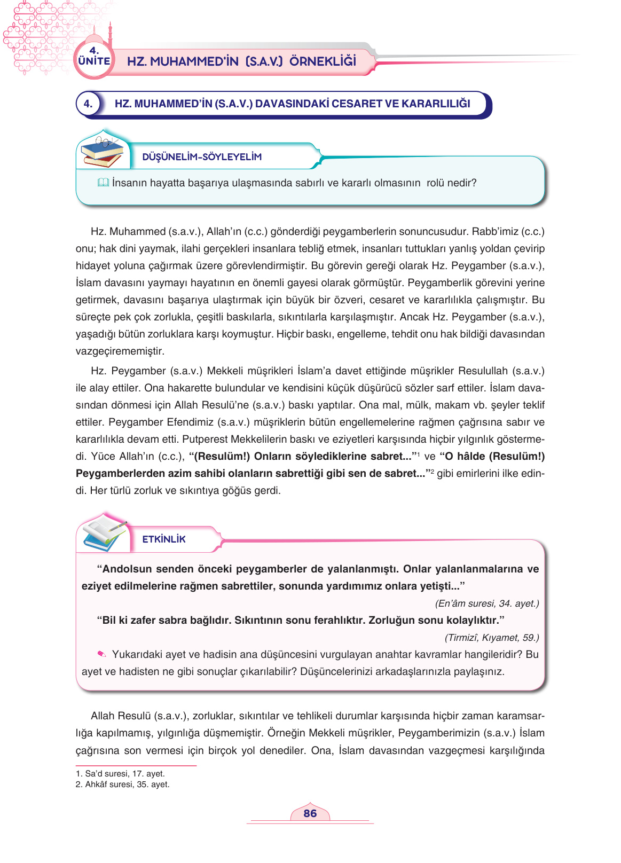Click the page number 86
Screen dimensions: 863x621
(310, 813)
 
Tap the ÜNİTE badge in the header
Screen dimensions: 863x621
(94, 60)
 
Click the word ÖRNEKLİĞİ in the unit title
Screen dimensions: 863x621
(323, 61)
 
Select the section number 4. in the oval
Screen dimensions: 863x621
(88, 104)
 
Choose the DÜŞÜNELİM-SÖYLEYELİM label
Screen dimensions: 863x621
(202, 157)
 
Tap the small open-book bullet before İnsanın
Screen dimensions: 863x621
(103, 183)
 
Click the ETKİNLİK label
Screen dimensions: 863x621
(164, 539)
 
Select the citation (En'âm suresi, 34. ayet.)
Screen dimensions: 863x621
(487, 603)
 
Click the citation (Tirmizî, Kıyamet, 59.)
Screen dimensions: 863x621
(492, 638)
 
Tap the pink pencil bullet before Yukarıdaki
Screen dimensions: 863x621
(102, 654)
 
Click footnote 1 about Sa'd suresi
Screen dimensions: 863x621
(120, 773)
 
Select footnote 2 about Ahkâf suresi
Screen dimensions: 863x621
(122, 784)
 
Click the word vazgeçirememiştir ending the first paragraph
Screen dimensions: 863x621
(120, 351)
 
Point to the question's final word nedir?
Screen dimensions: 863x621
(462, 183)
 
